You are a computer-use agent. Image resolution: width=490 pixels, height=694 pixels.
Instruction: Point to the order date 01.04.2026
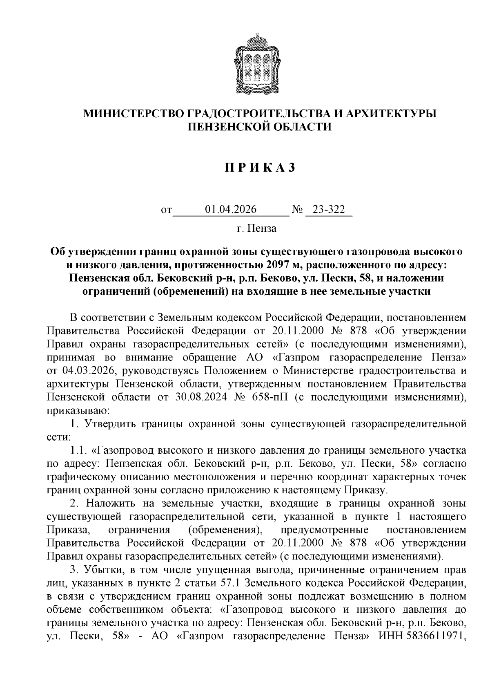tap(231, 210)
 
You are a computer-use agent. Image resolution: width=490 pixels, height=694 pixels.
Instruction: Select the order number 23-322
tap(329, 210)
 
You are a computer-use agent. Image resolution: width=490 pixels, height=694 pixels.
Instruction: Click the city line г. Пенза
tap(256, 228)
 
